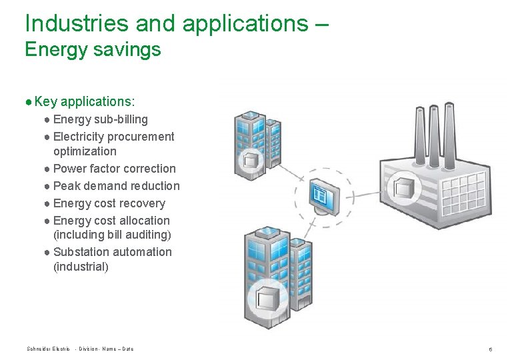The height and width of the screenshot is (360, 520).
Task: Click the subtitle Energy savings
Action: pyautogui.click(x=93, y=49)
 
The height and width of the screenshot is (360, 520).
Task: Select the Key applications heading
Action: pyautogui.click(x=85, y=101)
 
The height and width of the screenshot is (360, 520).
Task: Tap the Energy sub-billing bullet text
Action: pyautogui.click(x=100, y=119)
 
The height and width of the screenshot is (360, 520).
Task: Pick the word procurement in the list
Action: pyautogui.click(x=141, y=137)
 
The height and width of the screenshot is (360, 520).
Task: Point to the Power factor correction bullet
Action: pyautogui.click(x=114, y=169)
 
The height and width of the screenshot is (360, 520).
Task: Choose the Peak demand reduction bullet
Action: pyautogui.click(x=116, y=186)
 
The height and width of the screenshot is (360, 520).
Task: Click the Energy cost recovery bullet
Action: pyautogui.click(x=109, y=203)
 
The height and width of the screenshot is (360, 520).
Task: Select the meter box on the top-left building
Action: pyautogui.click(x=252, y=160)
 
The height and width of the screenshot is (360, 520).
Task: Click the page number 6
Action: pyautogui.click(x=490, y=349)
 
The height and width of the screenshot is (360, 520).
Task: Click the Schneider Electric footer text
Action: pyautogui.click(x=48, y=349)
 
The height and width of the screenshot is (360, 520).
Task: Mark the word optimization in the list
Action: pyautogui.click(x=85, y=151)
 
